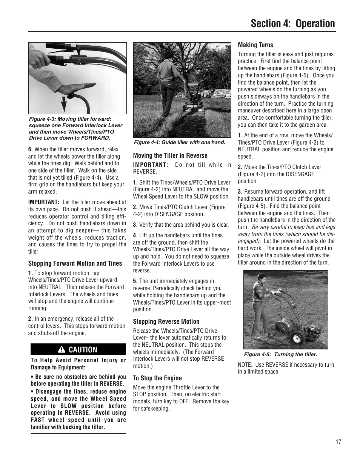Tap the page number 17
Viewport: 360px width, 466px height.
[x=338, y=441]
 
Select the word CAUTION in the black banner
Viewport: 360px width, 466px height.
[x=83, y=350]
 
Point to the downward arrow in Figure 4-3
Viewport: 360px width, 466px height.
[x=64, y=102]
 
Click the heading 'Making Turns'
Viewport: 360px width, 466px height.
[x=255, y=45]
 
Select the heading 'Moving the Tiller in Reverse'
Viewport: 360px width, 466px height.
[x=170, y=155]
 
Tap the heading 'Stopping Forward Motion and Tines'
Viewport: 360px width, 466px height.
[x=75, y=263]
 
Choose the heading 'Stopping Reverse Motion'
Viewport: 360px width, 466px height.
[x=166, y=321]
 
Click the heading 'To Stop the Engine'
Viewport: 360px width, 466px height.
[x=157, y=378]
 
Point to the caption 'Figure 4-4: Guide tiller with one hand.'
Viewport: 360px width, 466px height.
[x=179, y=143]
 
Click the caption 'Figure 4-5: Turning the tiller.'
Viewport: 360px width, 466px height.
[x=280, y=355]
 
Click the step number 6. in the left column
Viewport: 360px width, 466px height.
[x=31, y=149]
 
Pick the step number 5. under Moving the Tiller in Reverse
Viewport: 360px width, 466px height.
[x=135, y=281]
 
